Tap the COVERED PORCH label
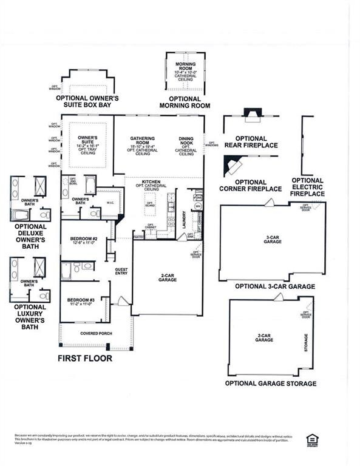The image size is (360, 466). point(94,333)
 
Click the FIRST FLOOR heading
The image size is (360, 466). point(85,359)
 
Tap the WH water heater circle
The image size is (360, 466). point(197,206)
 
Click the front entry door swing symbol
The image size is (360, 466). point(123,300)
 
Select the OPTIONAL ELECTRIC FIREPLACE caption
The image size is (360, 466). point(307,187)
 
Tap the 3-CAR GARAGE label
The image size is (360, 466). point(272,239)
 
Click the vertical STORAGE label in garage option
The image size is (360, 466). point(305,343)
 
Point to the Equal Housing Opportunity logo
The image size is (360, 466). point(313,440)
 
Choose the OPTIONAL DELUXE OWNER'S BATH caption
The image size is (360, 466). point(30,235)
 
